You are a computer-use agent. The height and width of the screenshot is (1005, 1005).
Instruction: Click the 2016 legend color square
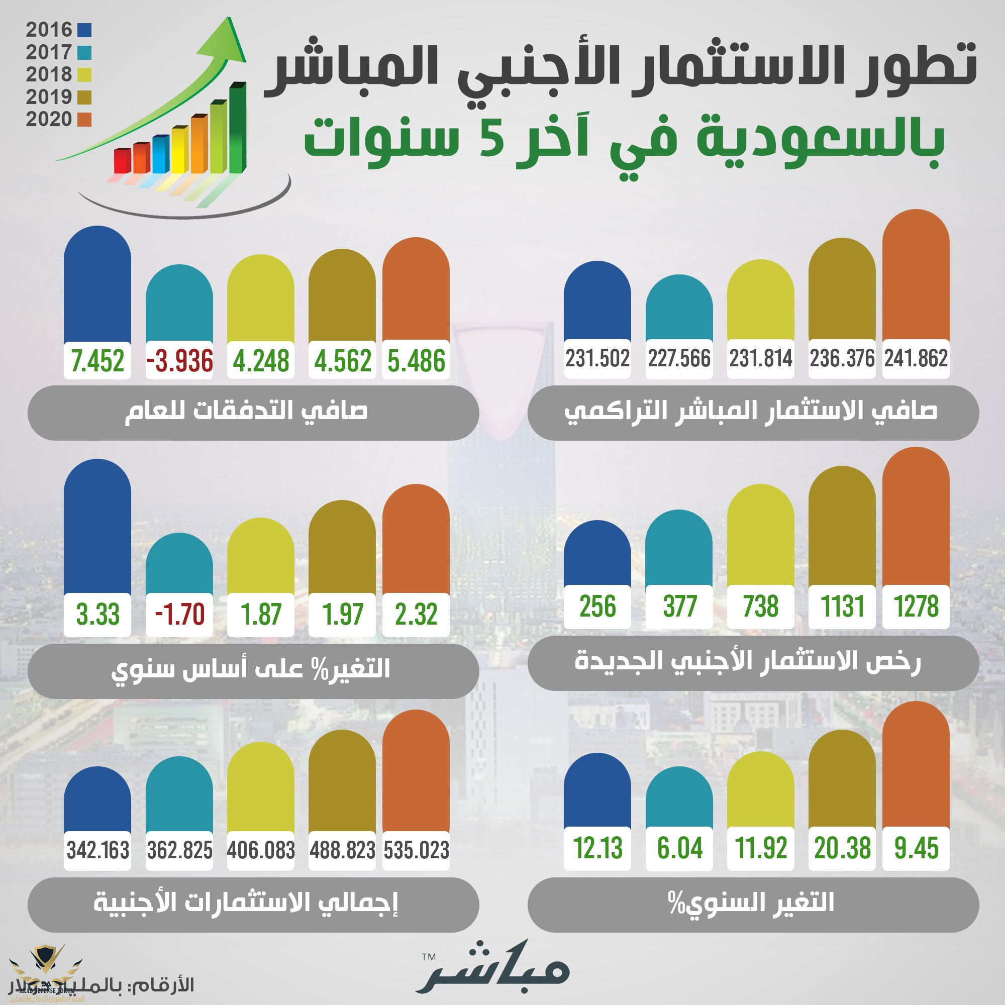pos(84,30)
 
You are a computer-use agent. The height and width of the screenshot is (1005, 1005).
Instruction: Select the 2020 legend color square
pos(84,120)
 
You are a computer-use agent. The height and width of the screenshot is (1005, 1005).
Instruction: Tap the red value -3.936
pos(179,360)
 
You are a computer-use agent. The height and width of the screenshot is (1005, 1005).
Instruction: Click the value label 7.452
pos(97,360)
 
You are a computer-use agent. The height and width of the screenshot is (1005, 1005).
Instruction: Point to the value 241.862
pos(916,358)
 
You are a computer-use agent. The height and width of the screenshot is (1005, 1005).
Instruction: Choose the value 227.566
pos(679,358)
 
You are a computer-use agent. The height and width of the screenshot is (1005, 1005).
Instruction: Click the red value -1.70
pos(179,615)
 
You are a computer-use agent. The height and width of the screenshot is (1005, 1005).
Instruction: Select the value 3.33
pos(97,615)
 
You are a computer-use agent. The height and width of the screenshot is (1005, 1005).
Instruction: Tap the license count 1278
pos(916,607)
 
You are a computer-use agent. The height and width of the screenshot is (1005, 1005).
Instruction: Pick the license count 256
pos(597,607)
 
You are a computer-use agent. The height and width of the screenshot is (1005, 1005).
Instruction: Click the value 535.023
pos(416,851)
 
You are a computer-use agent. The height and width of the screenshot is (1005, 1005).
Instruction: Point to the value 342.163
pos(97,851)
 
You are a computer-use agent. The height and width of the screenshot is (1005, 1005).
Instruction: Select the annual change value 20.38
pos(842,848)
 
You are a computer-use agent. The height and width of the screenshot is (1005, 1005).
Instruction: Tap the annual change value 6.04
pos(679,848)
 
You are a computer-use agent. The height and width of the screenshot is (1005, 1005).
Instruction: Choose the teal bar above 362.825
pos(179,796)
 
